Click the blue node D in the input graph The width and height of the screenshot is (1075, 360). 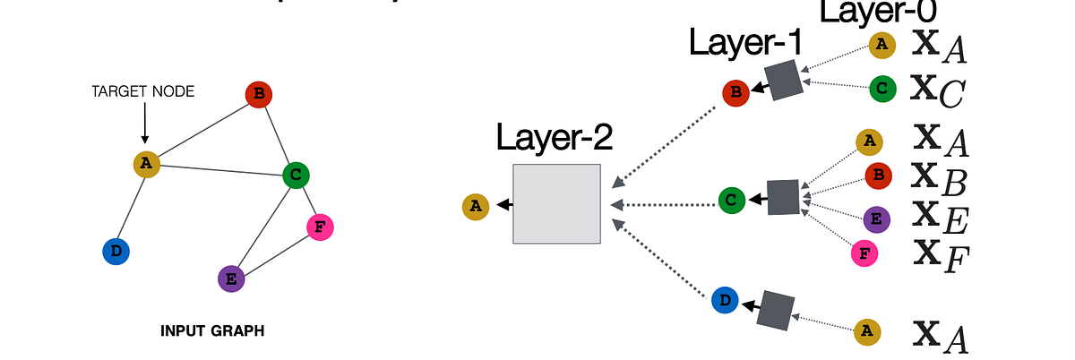pos(116,252)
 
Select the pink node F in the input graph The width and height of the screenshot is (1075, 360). pos(320,227)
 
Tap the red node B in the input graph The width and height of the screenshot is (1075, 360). pos(258,95)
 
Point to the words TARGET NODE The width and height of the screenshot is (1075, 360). pos(144,91)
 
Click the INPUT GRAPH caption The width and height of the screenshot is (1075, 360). pos(212,330)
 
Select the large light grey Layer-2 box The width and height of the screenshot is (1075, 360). pos(556,204)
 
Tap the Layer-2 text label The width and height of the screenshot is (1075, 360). pos(555,139)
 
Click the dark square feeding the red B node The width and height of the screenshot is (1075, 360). pos(782,81)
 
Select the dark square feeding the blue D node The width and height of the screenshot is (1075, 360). pos(775,309)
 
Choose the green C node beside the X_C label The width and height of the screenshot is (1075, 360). pos(882,88)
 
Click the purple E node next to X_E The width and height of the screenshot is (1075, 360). pos(877,219)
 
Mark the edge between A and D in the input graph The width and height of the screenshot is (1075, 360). pos(132,208)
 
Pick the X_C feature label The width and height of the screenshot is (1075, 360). pos(937,90)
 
